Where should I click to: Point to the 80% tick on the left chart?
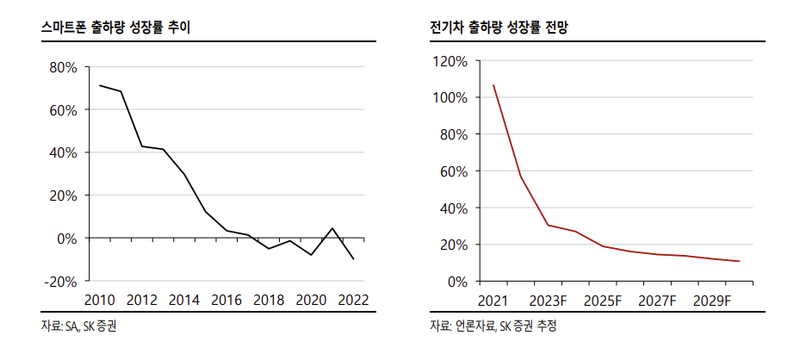point(64,67)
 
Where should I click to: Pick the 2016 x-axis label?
point(226,301)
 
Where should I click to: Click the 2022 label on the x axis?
point(353,301)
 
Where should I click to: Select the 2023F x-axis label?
point(548,301)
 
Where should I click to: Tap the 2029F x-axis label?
point(711,301)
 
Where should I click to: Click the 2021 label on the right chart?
point(493,301)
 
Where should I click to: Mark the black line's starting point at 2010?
point(100,85)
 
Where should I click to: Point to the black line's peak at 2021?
point(332,228)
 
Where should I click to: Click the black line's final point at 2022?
point(353,258)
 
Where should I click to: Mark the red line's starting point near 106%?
point(493,85)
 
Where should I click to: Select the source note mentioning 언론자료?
point(493,327)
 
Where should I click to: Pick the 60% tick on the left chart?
point(64,110)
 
